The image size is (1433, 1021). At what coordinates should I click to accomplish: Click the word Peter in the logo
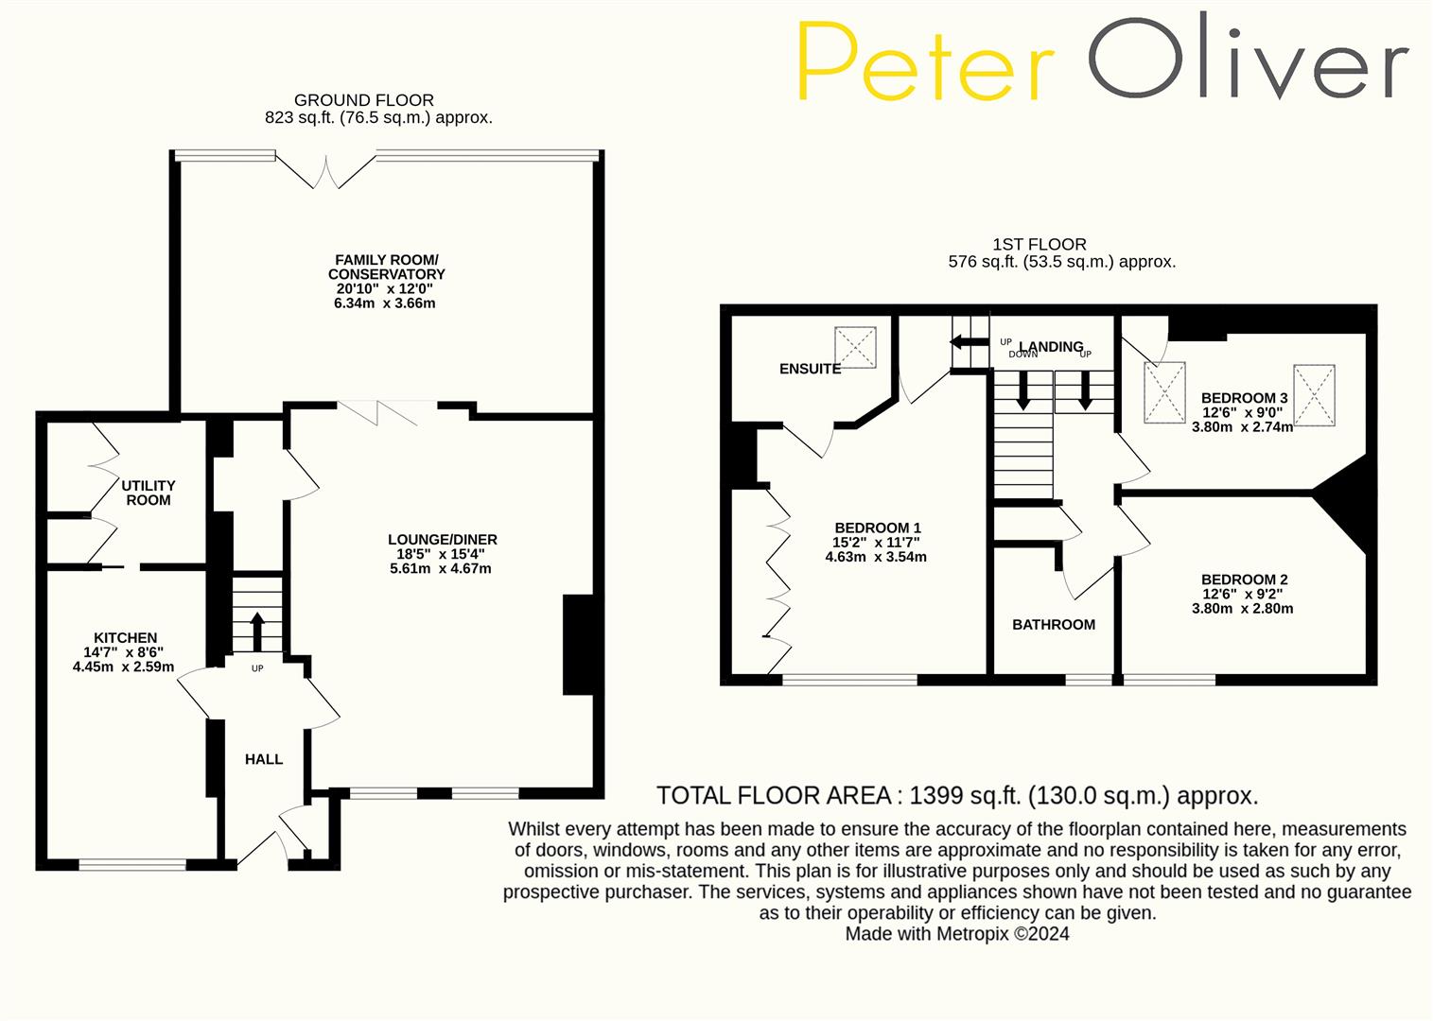925,62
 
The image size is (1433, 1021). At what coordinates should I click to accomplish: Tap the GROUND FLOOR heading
364,100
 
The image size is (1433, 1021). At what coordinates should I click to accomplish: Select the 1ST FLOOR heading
1040,245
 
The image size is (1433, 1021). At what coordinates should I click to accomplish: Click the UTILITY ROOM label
149,493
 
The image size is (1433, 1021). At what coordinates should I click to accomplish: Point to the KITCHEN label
126,638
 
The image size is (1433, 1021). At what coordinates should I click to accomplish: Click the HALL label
264,759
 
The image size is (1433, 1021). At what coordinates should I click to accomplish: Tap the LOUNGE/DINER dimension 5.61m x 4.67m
441,569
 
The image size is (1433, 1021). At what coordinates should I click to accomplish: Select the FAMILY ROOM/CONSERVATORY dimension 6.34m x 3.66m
385,303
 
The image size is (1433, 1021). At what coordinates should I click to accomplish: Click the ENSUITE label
811,369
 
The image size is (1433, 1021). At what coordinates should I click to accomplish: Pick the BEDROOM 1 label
878,528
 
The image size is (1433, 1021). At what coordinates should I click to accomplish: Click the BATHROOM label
1054,625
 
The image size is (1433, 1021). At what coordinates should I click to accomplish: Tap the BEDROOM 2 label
1245,580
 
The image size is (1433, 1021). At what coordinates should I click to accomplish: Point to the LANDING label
1052,347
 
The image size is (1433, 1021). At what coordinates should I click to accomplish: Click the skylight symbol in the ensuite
855,348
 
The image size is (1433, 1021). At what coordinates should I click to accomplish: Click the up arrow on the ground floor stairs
257,631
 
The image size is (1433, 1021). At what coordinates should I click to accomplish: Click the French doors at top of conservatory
325,171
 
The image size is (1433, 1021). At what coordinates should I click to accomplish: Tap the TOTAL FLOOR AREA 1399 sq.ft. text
957,796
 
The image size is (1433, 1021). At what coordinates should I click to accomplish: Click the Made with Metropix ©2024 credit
957,934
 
